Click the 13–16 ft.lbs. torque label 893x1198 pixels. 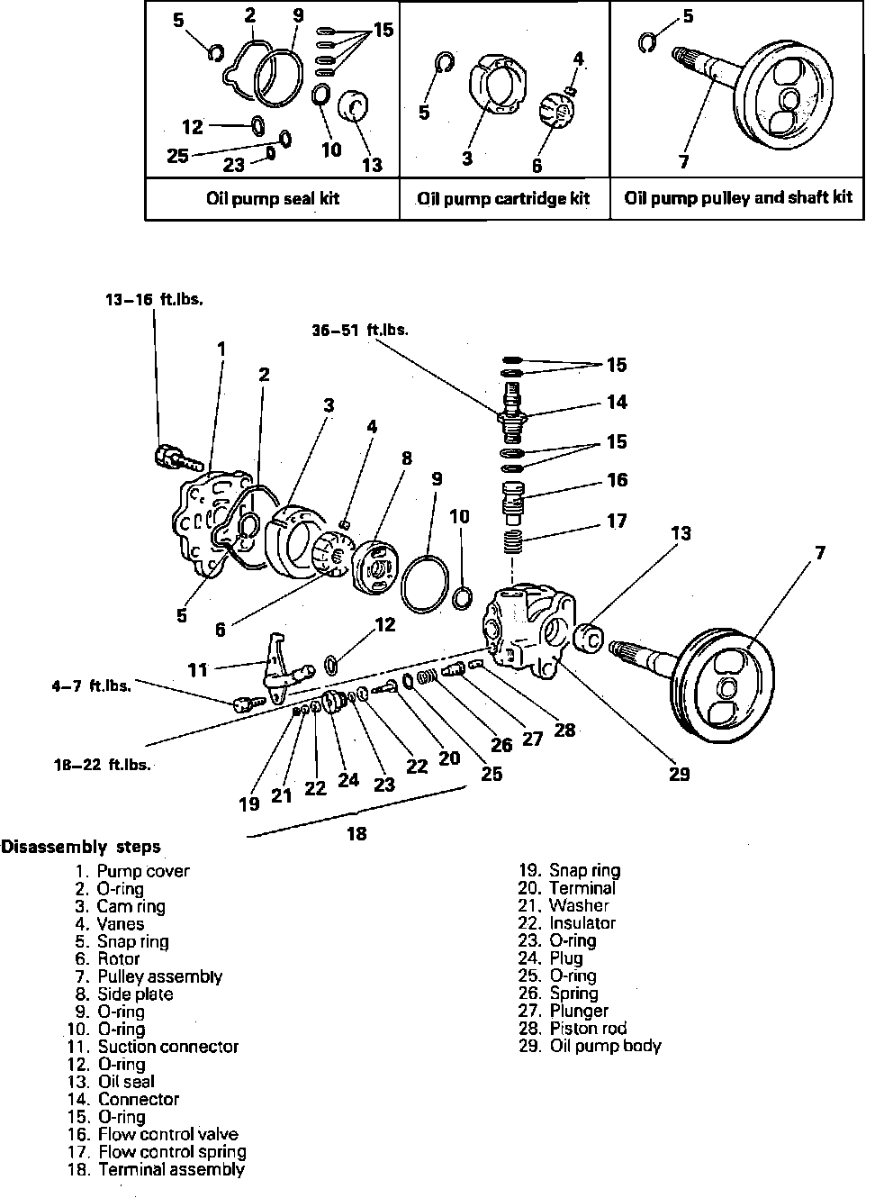click(154, 300)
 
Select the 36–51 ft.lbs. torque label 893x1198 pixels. click(360, 331)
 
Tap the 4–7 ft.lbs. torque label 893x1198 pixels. click(92, 686)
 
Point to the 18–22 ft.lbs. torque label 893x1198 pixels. click(102, 765)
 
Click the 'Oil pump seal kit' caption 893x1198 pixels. click(273, 198)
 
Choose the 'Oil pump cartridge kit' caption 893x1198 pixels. click(503, 198)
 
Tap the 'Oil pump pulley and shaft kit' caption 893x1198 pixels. click(738, 197)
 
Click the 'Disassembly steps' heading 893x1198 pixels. click(82, 847)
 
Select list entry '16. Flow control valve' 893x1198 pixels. click(153, 1134)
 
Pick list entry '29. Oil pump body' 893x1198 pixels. click(590, 1046)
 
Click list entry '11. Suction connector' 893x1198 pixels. click(153, 1047)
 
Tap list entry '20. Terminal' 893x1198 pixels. click(567, 888)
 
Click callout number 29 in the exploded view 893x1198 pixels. click(679, 774)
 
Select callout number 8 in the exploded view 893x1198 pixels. click(407, 458)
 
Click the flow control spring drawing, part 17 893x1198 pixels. click(511, 541)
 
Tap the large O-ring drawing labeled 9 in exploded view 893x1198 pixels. click(425, 585)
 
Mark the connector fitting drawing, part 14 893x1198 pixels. click(512, 413)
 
